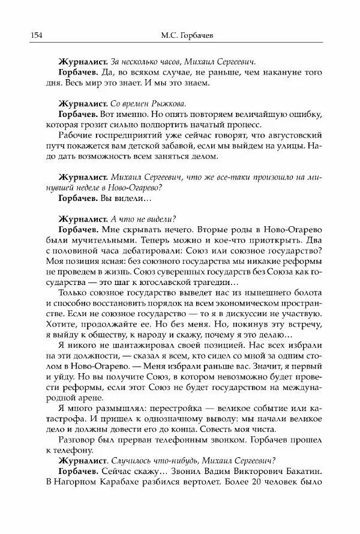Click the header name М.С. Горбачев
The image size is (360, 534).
click(x=179, y=35)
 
